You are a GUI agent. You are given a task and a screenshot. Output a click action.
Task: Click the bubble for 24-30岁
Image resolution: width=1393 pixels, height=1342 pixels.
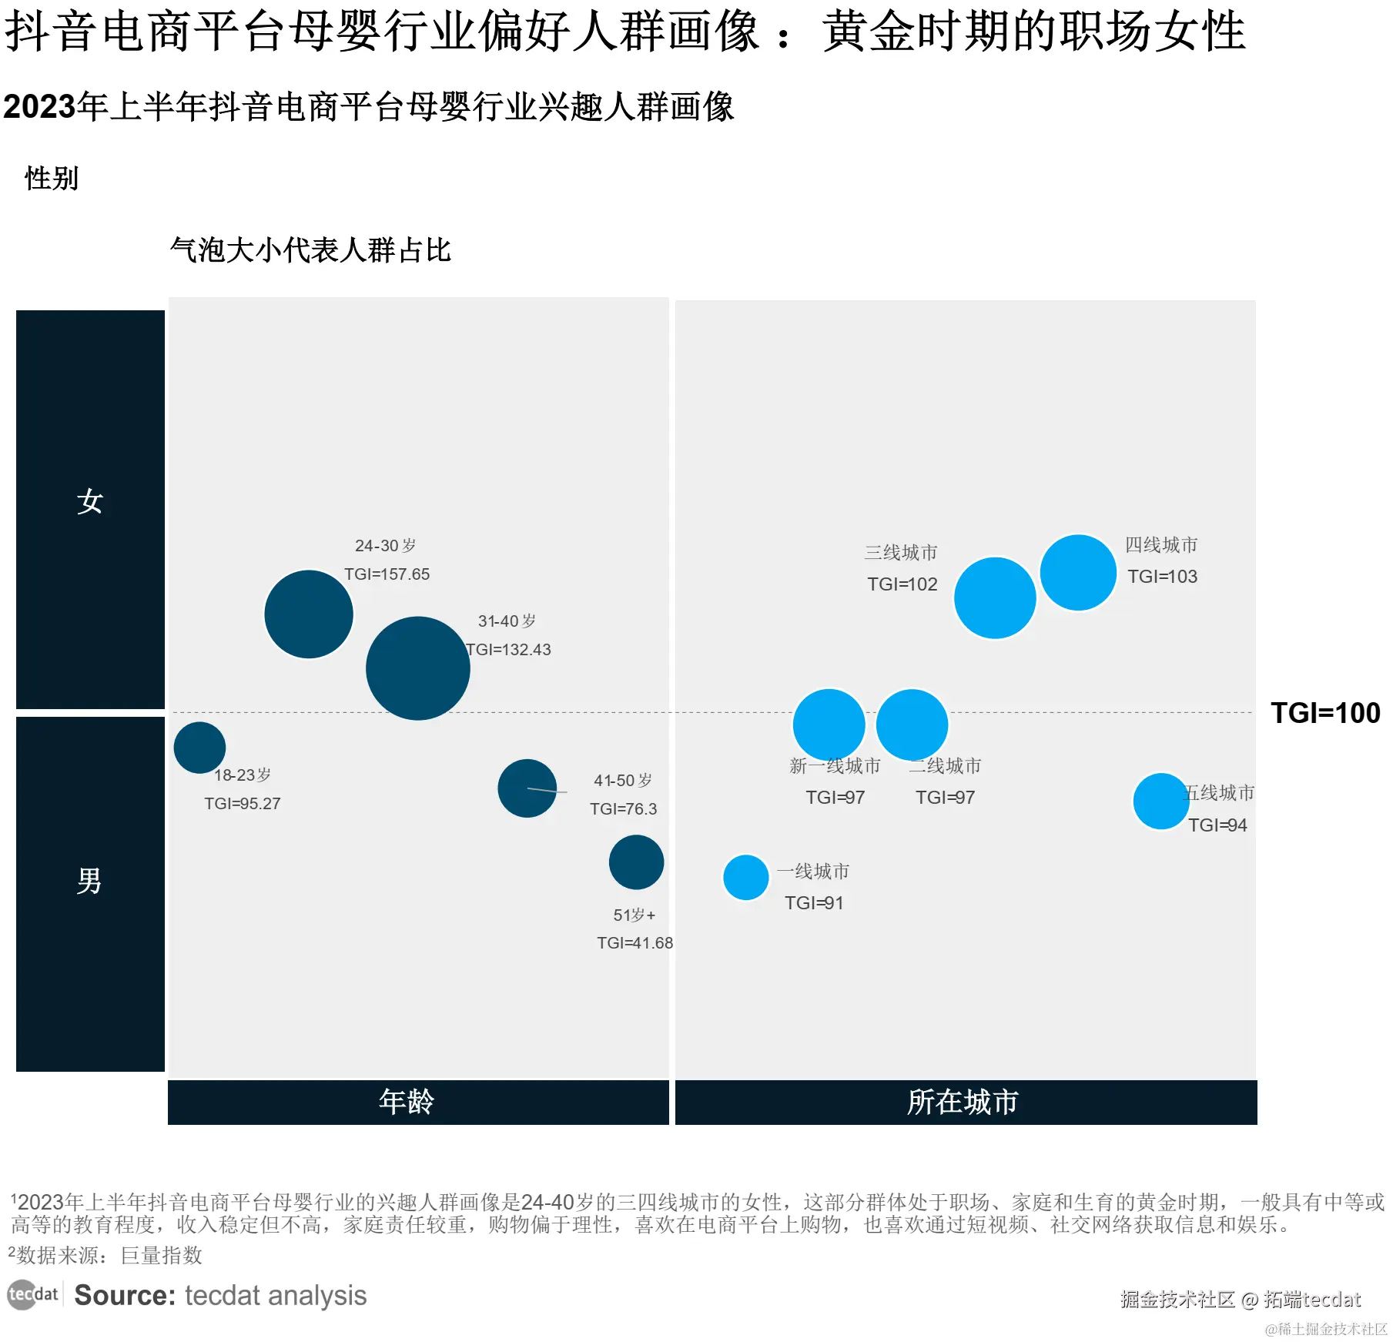tap(309, 614)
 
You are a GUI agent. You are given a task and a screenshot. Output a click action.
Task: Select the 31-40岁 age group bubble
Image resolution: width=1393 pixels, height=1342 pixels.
tap(418, 668)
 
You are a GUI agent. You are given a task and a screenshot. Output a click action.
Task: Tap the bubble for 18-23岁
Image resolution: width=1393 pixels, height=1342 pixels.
tap(199, 748)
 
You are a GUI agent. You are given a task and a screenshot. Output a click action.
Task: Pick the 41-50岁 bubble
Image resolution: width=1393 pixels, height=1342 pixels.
tap(527, 788)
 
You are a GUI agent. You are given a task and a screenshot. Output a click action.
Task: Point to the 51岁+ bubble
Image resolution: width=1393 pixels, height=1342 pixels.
tap(636, 862)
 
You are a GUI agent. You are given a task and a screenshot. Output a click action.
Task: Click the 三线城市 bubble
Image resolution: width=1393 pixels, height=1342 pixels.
tap(995, 598)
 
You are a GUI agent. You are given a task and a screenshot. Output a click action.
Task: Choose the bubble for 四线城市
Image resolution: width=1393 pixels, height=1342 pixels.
tap(1078, 573)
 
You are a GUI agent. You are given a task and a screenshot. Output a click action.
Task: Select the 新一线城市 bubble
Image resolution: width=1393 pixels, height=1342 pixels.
tap(829, 725)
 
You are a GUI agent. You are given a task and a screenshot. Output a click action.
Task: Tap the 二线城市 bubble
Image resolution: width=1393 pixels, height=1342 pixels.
tap(912, 725)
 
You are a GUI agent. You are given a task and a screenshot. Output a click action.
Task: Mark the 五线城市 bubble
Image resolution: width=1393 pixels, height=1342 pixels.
tap(1161, 802)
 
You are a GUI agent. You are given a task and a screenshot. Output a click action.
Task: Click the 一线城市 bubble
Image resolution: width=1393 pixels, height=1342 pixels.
tap(746, 878)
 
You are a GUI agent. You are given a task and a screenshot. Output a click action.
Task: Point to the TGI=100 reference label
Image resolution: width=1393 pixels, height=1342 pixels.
tap(1325, 713)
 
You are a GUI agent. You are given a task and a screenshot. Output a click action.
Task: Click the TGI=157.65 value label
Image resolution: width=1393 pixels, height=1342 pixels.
tap(387, 574)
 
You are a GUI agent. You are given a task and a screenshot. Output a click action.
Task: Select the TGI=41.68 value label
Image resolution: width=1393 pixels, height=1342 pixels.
tap(635, 943)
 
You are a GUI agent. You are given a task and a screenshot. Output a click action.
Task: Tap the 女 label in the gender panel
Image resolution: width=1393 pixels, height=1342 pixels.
tap(90, 501)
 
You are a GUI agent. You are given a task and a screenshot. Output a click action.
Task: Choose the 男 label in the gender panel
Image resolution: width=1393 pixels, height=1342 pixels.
tap(90, 881)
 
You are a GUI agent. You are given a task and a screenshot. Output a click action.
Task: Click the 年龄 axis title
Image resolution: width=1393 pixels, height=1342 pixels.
tap(407, 1102)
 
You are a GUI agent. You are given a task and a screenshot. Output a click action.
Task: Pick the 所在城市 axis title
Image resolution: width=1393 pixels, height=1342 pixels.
tap(963, 1102)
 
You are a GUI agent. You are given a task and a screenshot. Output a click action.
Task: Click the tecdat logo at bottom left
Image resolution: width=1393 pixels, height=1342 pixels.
tap(32, 1295)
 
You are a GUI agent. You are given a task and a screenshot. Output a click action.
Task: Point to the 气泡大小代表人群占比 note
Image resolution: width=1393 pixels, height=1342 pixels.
tap(310, 250)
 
